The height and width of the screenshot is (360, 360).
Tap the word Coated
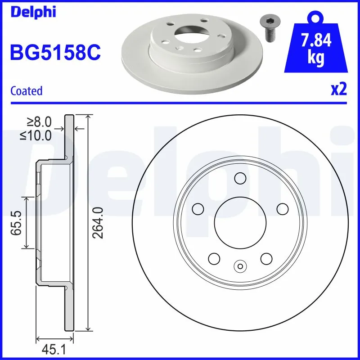26,91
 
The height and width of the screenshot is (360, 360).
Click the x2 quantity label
339,90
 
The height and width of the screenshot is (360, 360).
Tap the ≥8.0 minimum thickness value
40,121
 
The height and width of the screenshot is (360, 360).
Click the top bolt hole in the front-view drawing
240,179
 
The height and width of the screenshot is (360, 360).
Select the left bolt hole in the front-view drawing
198,209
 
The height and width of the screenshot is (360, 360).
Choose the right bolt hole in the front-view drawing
282,209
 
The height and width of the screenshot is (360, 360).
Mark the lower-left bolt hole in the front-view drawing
214,258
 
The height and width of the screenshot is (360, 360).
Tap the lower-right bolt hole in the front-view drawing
266,258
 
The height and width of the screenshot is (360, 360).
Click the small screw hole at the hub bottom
240,266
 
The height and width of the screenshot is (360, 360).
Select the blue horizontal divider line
180,103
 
